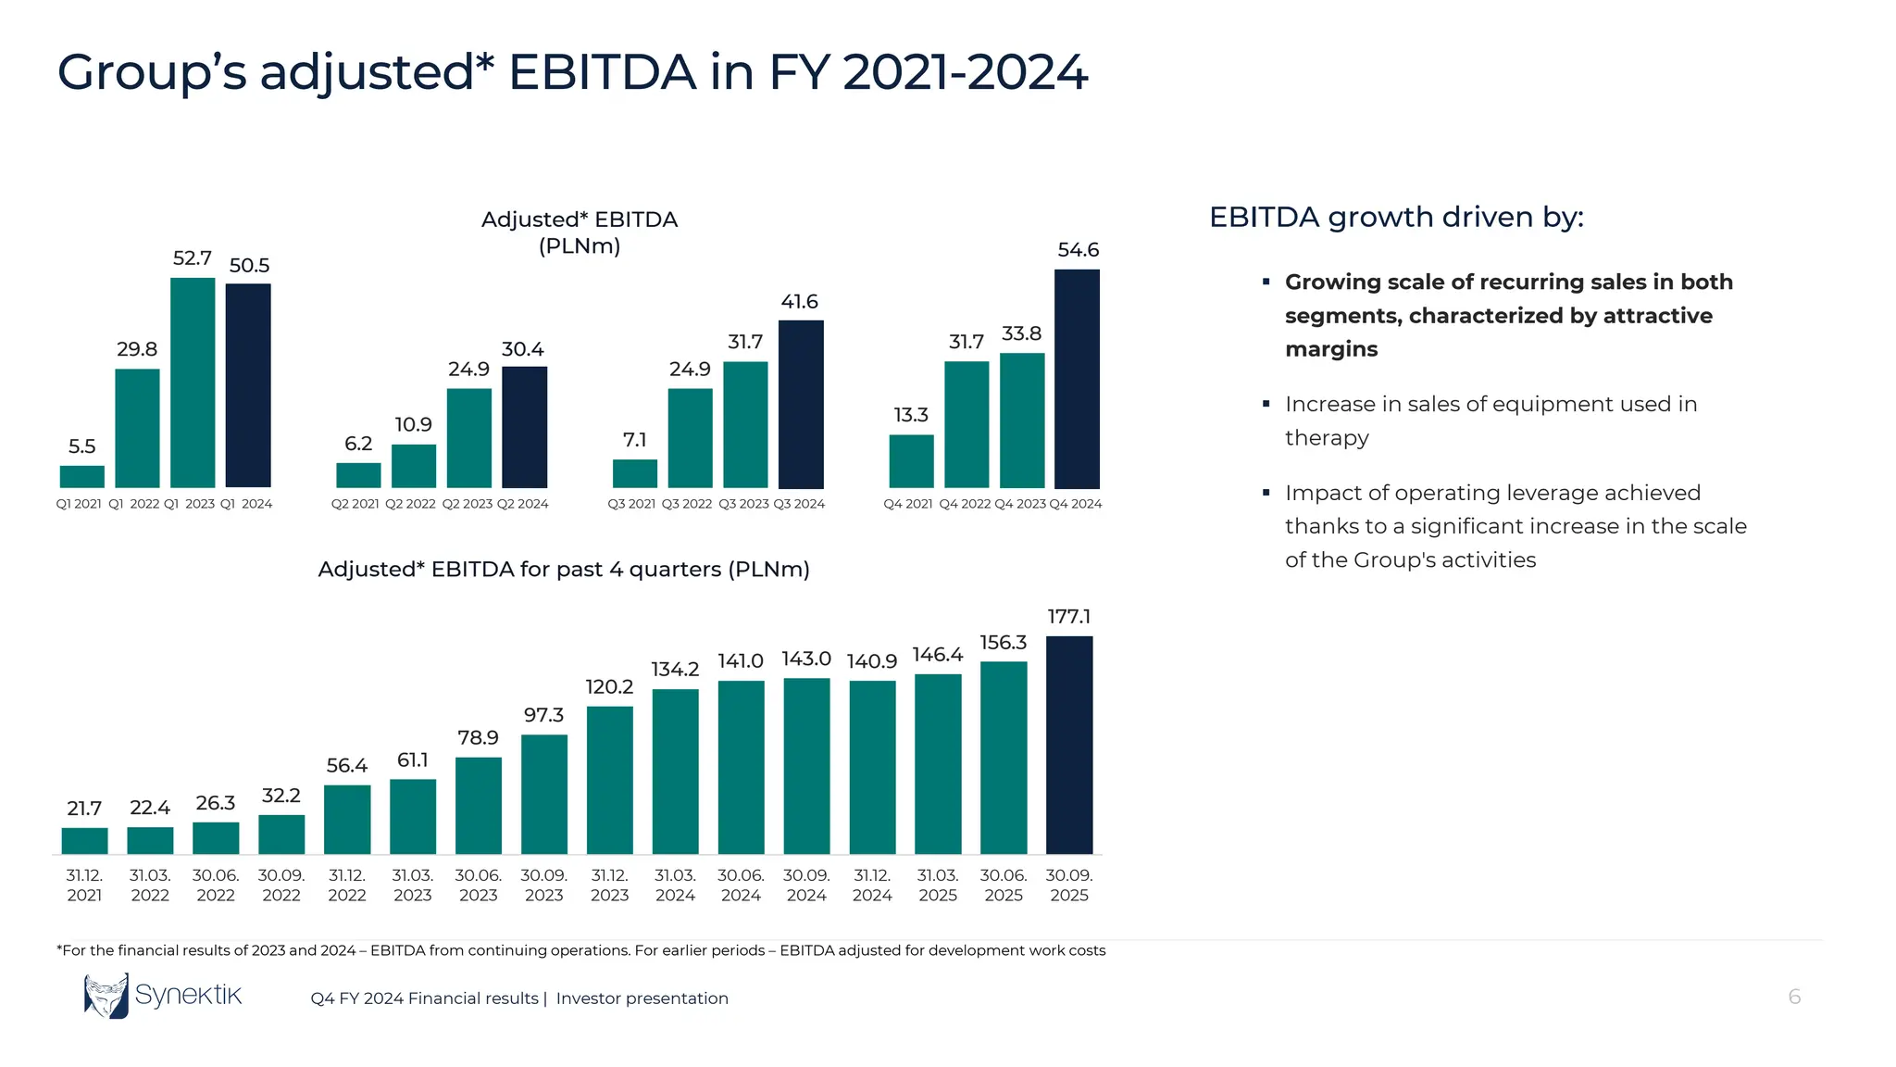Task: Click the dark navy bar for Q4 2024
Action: (1077, 379)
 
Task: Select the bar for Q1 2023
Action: (193, 383)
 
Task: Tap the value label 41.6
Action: (799, 302)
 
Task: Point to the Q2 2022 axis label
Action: (410, 504)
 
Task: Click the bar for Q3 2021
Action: (634, 473)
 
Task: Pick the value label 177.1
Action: (1068, 617)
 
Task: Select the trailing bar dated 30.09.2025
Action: (1068, 745)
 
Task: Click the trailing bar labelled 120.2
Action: (609, 780)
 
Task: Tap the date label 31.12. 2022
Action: (347, 885)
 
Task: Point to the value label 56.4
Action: (346, 766)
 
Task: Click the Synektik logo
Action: (163, 996)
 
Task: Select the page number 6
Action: (1793, 997)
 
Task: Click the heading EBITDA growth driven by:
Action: (1396, 217)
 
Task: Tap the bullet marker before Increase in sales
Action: (1266, 404)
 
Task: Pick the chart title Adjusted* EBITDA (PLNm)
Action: (580, 232)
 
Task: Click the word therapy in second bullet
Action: (1326, 438)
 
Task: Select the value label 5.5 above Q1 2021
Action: (81, 446)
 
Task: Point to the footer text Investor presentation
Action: (642, 998)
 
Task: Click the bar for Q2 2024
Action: (524, 427)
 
